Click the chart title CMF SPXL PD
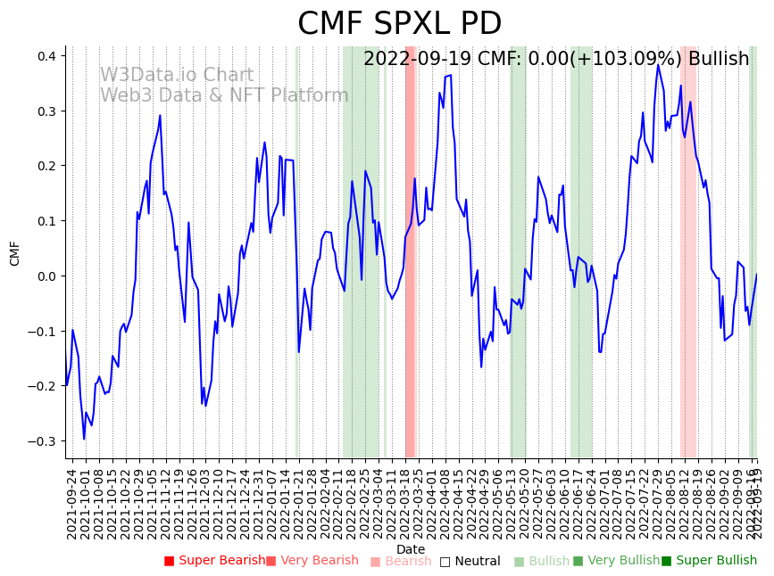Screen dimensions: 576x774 [x=399, y=24]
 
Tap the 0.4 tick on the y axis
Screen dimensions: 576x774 [x=46, y=56]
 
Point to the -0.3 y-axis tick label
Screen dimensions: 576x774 [x=43, y=441]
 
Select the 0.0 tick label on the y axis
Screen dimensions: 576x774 [x=46, y=276]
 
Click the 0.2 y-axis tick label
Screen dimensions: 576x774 [x=46, y=166]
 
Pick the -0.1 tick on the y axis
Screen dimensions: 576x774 [x=43, y=332]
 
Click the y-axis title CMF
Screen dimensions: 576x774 [x=15, y=253]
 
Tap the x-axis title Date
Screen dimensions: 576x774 [x=411, y=549]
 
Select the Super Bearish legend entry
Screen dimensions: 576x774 [x=215, y=561]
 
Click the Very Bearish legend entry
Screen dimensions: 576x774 [x=312, y=561]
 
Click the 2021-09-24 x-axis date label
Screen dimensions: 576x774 [x=71, y=504]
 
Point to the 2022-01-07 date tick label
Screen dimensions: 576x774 [x=270, y=504]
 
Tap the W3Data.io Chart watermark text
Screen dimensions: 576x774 [x=176, y=76]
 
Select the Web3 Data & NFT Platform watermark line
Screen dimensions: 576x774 [x=224, y=95]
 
